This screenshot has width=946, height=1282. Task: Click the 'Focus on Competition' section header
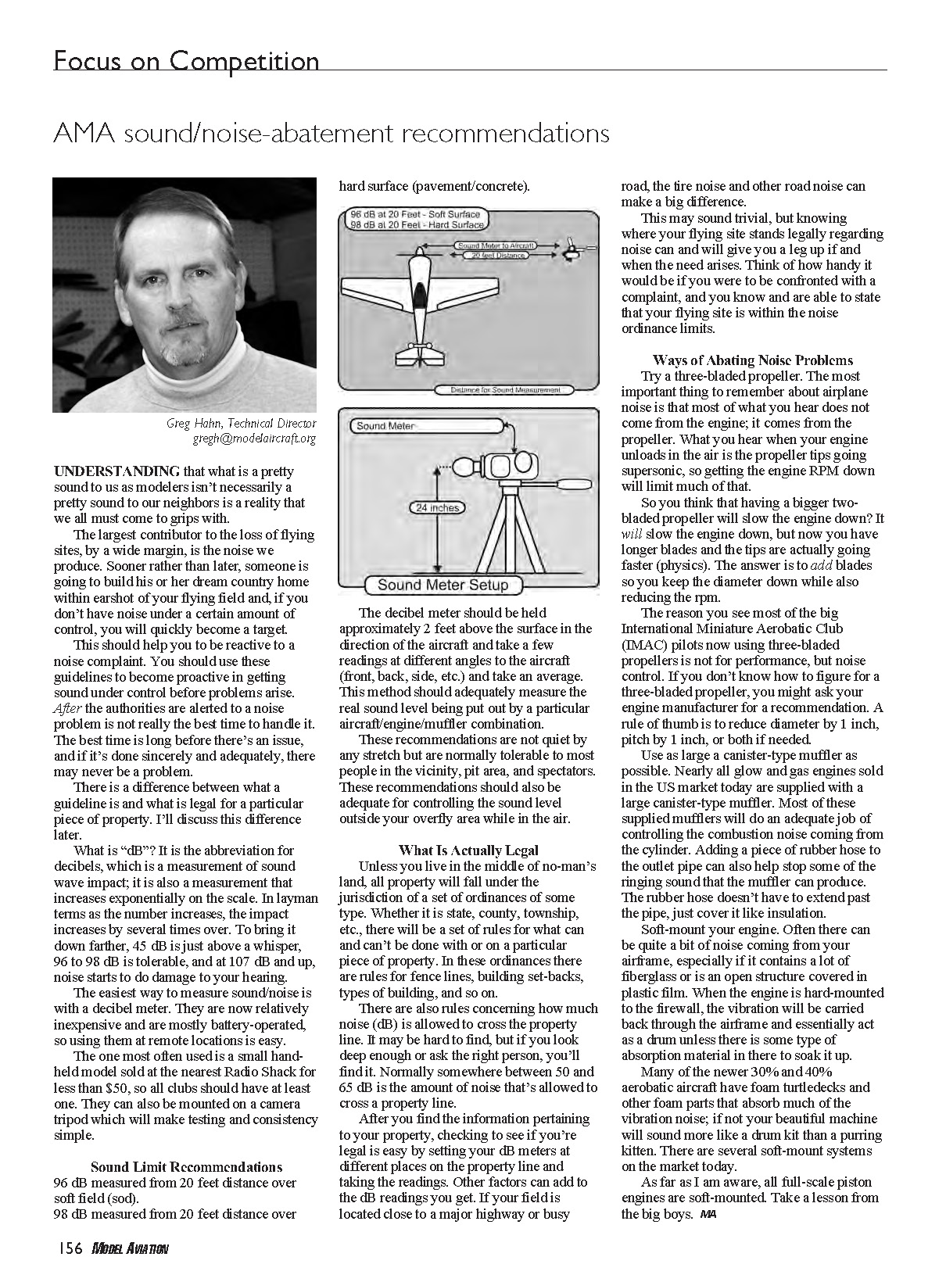[186, 61]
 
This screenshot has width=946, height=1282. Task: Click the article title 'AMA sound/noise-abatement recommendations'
[331, 134]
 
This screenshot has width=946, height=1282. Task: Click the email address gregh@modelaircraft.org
[254, 439]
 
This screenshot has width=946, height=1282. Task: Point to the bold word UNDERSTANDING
[116, 471]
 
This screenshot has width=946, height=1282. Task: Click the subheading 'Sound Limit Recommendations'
[186, 1167]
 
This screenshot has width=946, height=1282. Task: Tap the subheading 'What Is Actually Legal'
[468, 850]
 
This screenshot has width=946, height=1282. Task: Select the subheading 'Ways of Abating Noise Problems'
[752, 360]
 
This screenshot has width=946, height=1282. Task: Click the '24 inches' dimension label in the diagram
[437, 508]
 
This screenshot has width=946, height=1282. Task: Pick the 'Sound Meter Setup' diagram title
[443, 585]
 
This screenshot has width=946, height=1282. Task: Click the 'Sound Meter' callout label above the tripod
[385, 426]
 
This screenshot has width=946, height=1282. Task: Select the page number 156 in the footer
[68, 1248]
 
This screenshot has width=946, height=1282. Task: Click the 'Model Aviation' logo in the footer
[130, 1249]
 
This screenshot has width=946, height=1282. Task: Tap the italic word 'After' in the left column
[66, 708]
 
